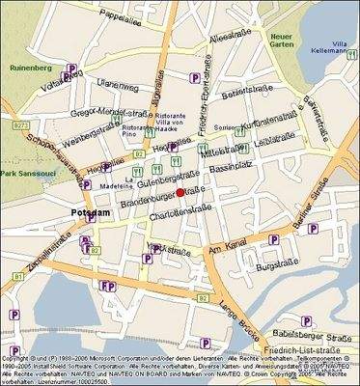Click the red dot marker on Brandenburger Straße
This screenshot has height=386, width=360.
pyautogui.click(x=180, y=193)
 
